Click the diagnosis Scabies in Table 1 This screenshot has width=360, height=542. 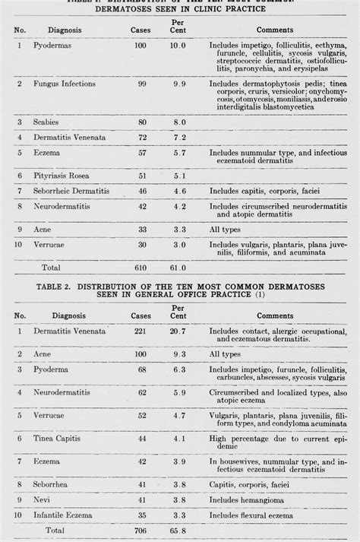[45, 121]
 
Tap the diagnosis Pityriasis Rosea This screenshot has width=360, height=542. [61, 176]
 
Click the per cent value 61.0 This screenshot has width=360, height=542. [178, 267]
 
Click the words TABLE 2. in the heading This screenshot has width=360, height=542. [55, 287]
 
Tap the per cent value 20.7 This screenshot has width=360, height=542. [178, 331]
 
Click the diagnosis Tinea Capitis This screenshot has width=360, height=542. [57, 438]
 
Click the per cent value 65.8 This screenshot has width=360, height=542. [178, 529]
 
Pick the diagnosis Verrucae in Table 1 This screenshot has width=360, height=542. [49, 244]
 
